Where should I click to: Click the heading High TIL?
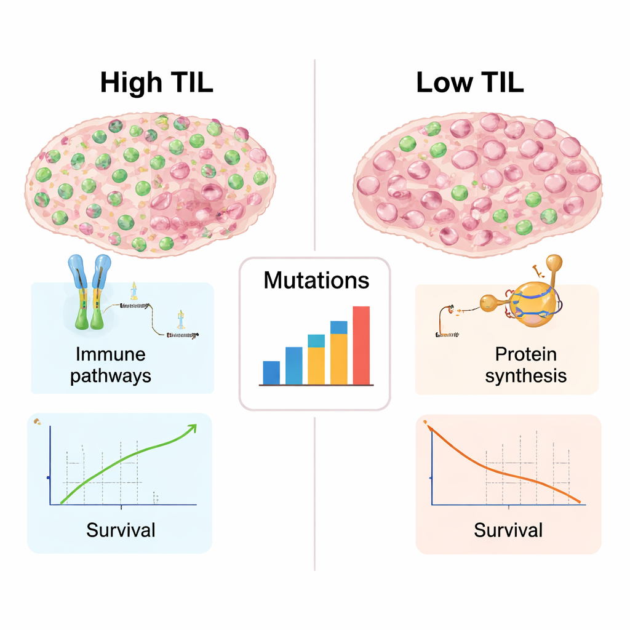[156, 82]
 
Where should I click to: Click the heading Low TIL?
[470, 82]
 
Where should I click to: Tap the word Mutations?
[316, 281]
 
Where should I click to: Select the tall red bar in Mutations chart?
[361, 345]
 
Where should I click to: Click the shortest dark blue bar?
[271, 372]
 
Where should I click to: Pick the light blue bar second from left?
[294, 365]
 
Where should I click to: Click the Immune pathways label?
[111, 365]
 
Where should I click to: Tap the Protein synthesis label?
[525, 365]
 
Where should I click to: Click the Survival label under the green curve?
[121, 529]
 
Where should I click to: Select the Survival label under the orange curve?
[508, 529]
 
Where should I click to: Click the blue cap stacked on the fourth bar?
[339, 327]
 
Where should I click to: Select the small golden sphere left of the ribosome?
[488, 302]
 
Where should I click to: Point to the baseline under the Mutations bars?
[316, 385]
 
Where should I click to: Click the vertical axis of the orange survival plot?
[433, 468]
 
